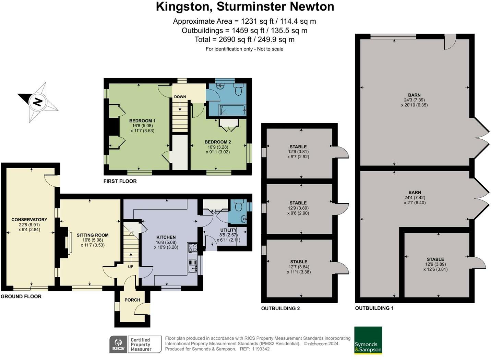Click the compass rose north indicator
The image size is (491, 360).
(x=37, y=102)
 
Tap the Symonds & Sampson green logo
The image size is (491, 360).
(x=368, y=340)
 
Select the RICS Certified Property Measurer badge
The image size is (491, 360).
(x=135, y=344)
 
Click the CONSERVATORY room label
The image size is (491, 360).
(x=29, y=220)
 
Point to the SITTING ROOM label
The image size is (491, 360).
(x=93, y=235)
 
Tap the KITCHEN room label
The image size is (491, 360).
(x=166, y=237)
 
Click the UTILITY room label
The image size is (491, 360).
(x=228, y=230)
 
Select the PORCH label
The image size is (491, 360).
(x=132, y=300)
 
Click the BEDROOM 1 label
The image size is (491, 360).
(x=142, y=121)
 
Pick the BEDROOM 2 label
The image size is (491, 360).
(x=218, y=142)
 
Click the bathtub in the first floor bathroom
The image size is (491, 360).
(x=232, y=110)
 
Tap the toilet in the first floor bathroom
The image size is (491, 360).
(x=239, y=90)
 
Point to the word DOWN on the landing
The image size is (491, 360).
(x=180, y=97)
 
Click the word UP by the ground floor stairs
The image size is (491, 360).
(x=131, y=267)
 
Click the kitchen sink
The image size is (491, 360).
(x=192, y=266)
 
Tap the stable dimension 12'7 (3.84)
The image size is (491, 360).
(x=298, y=267)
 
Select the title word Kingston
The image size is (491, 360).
(x=184, y=7)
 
